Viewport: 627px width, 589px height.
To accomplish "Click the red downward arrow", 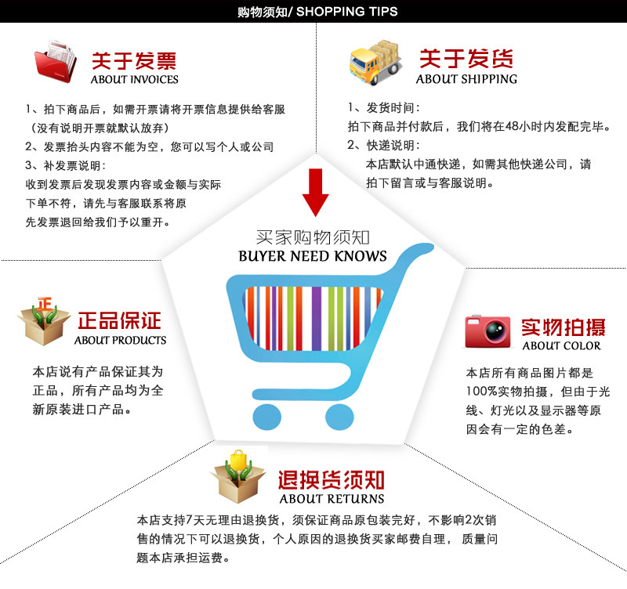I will pyautogui.click(x=316, y=190).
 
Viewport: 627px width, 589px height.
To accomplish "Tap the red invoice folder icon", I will pyautogui.click(x=56, y=64).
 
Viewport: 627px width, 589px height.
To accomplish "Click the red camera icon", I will pyautogui.click(x=487, y=331).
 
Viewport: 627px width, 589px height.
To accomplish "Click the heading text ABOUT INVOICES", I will pyautogui.click(x=134, y=79).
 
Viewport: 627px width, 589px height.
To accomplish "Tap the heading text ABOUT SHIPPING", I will pyautogui.click(x=466, y=79).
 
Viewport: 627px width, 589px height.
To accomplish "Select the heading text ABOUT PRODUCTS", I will pyautogui.click(x=120, y=341).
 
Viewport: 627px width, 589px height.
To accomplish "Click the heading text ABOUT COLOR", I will pyautogui.click(x=561, y=345).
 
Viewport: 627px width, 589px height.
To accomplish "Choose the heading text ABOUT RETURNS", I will pyautogui.click(x=332, y=498).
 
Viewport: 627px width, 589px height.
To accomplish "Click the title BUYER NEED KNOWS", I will pyautogui.click(x=313, y=256).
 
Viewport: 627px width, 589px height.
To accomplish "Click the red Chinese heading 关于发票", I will pyautogui.click(x=134, y=60).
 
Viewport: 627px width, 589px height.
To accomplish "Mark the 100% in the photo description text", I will pyautogui.click(x=481, y=392).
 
